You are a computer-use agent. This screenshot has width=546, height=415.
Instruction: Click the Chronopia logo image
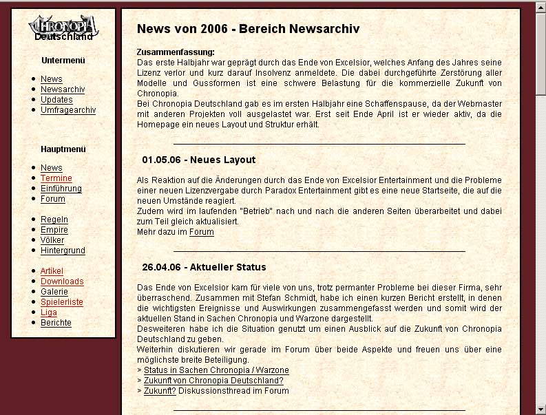click(x=63, y=27)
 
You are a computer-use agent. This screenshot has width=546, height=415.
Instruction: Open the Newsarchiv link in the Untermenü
click(x=63, y=89)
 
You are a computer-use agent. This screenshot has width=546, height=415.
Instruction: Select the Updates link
click(x=56, y=100)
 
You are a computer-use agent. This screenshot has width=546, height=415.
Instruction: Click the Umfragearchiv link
click(x=68, y=110)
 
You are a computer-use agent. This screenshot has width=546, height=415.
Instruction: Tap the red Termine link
click(x=56, y=178)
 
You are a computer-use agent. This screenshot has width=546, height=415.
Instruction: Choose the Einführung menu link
click(x=61, y=189)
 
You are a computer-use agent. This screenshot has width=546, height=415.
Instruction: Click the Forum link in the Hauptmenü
click(x=53, y=199)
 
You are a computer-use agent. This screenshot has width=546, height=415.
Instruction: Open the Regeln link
click(x=54, y=220)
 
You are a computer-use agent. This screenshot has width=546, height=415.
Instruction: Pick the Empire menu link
click(x=54, y=230)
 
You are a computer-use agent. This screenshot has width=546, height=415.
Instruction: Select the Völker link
click(x=52, y=240)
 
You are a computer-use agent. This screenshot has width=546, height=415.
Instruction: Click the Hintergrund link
click(x=63, y=251)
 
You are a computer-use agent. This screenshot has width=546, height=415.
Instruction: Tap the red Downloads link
click(x=62, y=281)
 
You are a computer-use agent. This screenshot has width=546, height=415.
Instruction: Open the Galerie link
click(x=54, y=292)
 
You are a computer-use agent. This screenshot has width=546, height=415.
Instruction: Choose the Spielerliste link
click(x=62, y=302)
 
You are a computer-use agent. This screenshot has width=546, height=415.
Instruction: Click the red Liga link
click(x=49, y=312)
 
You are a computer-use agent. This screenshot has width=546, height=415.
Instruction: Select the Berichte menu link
click(x=56, y=323)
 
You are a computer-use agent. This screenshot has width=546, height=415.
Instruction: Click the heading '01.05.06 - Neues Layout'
click(x=198, y=160)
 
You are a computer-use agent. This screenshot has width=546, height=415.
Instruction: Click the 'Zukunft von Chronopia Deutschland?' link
click(x=213, y=381)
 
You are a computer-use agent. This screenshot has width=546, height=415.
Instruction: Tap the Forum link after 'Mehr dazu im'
click(x=201, y=232)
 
